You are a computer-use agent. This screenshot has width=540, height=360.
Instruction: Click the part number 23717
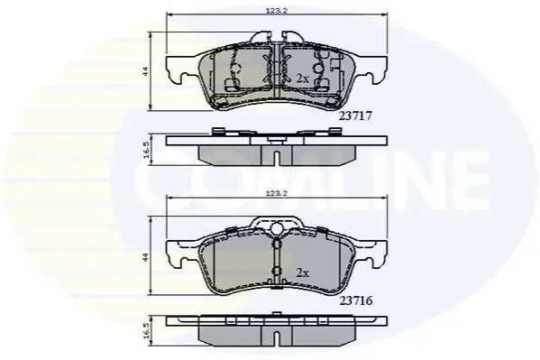[356, 116]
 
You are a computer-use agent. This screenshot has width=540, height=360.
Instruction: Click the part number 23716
[356, 301]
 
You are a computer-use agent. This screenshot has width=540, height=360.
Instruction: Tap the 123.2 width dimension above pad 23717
[276, 10]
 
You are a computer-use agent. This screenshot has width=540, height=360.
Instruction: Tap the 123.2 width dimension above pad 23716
[276, 193]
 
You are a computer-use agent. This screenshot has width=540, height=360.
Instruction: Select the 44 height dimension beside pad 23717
[145, 71]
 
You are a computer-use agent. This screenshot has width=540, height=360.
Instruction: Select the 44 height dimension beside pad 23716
[145, 256]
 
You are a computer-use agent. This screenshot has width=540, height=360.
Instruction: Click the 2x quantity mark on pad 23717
[302, 78]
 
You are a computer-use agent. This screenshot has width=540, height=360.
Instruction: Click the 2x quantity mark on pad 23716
[302, 273]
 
